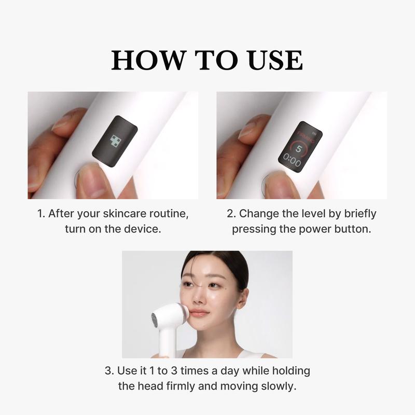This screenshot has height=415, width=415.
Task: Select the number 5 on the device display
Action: [x=299, y=147]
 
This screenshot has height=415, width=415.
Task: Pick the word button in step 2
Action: [x=353, y=229]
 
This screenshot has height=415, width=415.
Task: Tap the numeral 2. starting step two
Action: [x=231, y=214]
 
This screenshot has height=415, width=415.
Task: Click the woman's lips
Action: [x=199, y=313]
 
